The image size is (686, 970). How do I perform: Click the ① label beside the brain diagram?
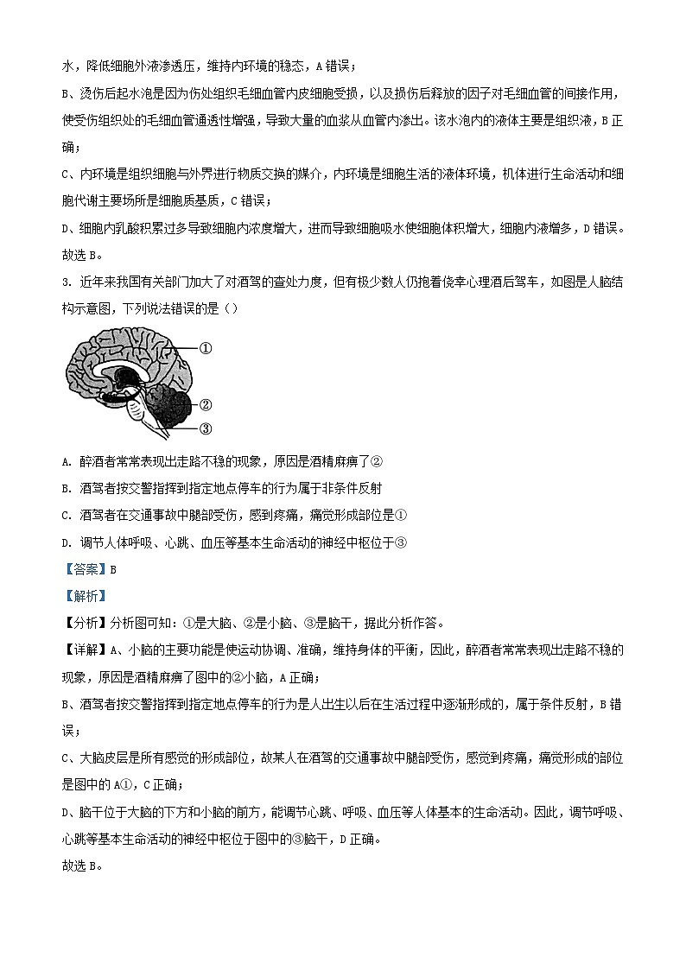[206, 348]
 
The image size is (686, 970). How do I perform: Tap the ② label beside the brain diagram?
[206, 404]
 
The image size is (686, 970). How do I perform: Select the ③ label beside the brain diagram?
[206, 428]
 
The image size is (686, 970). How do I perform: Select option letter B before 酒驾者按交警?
[66, 487]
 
